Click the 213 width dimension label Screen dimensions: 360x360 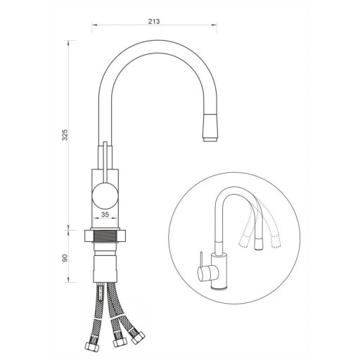154,21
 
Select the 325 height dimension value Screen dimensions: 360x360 64,135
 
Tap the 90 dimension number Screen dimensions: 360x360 65,258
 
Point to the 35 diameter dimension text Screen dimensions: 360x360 105,214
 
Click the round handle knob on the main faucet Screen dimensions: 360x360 105,195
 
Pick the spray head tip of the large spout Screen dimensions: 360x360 210,127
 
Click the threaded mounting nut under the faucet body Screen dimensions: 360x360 105,236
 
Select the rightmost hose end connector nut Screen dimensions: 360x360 138,337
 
